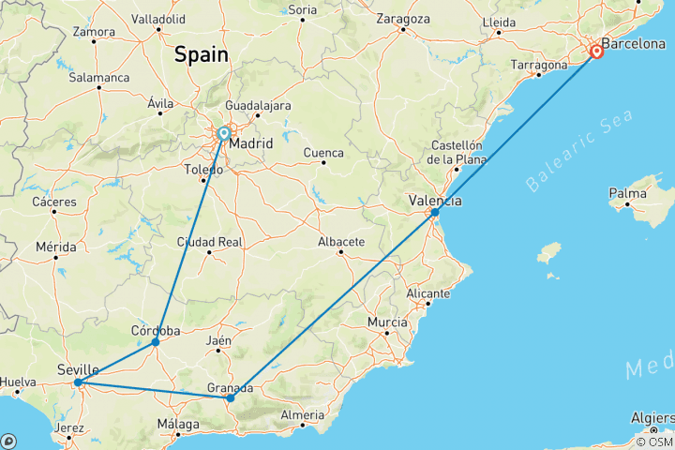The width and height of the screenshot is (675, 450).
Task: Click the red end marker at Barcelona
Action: tap(596, 52)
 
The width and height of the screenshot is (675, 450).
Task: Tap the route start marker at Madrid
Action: tap(224, 134)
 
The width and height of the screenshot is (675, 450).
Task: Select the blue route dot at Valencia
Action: tap(435, 213)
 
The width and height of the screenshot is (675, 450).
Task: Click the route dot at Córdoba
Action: tap(156, 342)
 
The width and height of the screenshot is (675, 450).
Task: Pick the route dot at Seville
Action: tap(78, 382)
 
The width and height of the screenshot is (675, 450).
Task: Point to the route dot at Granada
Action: tap(231, 398)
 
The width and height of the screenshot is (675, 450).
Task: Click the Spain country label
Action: tap(201, 55)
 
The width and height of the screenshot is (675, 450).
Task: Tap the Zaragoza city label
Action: tap(402, 19)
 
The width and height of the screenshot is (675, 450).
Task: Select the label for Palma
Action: tap(627, 194)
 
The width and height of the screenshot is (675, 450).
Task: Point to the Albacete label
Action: tap(341, 242)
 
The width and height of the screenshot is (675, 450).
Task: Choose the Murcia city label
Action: tap(387, 322)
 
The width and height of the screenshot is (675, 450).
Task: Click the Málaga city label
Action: tap(178, 424)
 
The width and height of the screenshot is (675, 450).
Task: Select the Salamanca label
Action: tap(98, 78)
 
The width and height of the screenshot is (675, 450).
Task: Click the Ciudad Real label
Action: tap(210, 242)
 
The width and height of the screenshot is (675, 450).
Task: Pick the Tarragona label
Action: tap(539, 66)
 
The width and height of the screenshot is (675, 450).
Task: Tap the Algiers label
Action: tap(649, 418)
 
